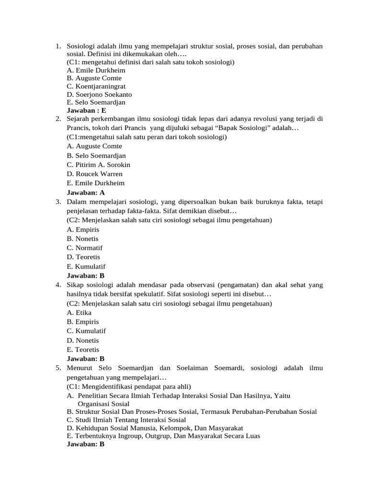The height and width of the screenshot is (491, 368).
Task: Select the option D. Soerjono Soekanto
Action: point(99,94)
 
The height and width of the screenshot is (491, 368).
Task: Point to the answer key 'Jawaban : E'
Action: point(86,110)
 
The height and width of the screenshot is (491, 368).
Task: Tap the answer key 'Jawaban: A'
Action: point(86,192)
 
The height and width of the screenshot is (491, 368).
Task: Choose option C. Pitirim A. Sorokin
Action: point(99,164)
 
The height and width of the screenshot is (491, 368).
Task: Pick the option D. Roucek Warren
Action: point(95,174)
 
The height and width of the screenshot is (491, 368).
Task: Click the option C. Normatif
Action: point(85,248)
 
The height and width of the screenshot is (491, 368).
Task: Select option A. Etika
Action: point(79,313)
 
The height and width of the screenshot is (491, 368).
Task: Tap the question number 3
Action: point(57,202)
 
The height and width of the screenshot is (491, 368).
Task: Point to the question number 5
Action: point(57,368)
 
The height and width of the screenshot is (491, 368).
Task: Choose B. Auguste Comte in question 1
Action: point(94,78)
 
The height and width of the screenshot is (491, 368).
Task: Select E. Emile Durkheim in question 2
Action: point(96,183)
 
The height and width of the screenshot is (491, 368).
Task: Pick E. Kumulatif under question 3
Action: point(86,266)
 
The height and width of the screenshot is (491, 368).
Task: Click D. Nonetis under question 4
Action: point(83,340)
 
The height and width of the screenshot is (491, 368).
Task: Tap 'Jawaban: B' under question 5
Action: point(85,444)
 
